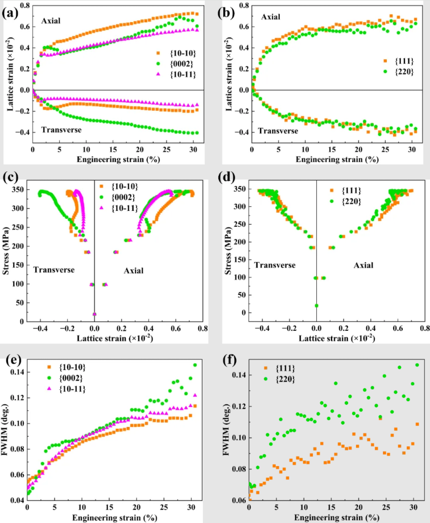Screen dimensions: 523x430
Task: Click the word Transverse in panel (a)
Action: [61, 130]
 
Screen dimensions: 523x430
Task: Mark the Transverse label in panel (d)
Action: [275, 265]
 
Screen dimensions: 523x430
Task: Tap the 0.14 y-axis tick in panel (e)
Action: [16, 372]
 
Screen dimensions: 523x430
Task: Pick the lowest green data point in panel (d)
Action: [316, 305]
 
